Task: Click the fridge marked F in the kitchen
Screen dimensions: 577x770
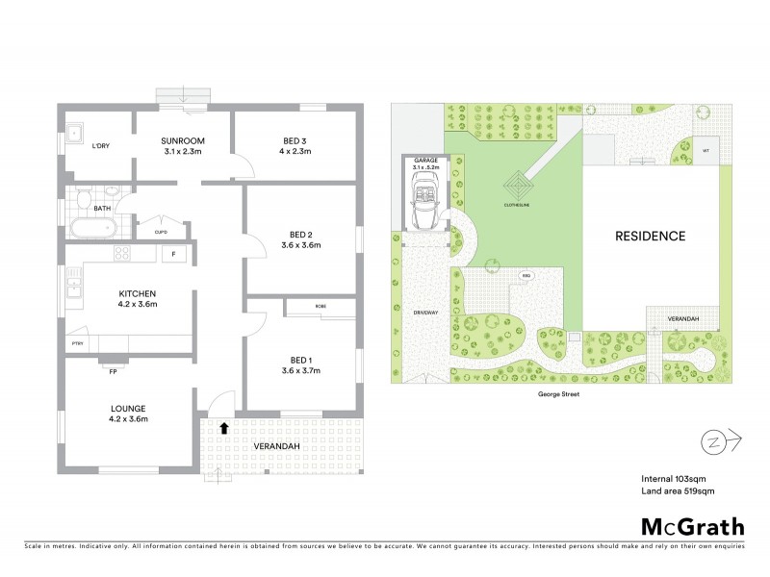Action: pyautogui.click(x=173, y=254)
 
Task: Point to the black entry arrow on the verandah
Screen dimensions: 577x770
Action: pyautogui.click(x=223, y=428)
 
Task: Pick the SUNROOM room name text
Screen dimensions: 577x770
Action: pyautogui.click(x=183, y=140)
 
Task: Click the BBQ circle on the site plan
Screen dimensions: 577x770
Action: pyautogui.click(x=526, y=276)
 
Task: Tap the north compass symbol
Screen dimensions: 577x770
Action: pyautogui.click(x=712, y=440)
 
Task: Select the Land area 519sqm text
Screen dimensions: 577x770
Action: pyautogui.click(x=678, y=491)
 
